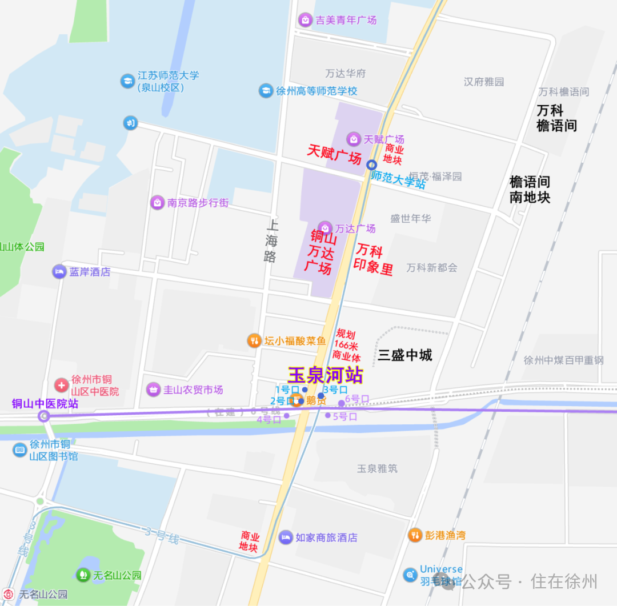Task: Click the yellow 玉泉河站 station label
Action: point(325,375)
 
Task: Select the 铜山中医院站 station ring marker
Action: point(45,416)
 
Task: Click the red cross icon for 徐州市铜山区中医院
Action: point(61,386)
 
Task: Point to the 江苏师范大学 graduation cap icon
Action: point(127,81)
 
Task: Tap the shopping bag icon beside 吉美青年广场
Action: point(305,20)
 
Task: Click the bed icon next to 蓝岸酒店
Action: point(59,272)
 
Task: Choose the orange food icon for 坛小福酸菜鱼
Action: point(254,341)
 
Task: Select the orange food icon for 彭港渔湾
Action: point(415,535)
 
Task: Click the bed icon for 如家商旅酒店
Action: point(286,537)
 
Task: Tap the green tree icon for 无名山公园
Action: point(83,575)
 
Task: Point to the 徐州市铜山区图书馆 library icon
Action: point(20,450)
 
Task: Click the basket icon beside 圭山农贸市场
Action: point(153,390)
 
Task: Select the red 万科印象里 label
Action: point(374,258)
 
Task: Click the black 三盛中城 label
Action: point(405,355)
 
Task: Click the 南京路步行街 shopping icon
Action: point(157,202)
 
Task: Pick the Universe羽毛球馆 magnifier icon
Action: point(410,575)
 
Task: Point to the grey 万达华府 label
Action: point(346,74)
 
